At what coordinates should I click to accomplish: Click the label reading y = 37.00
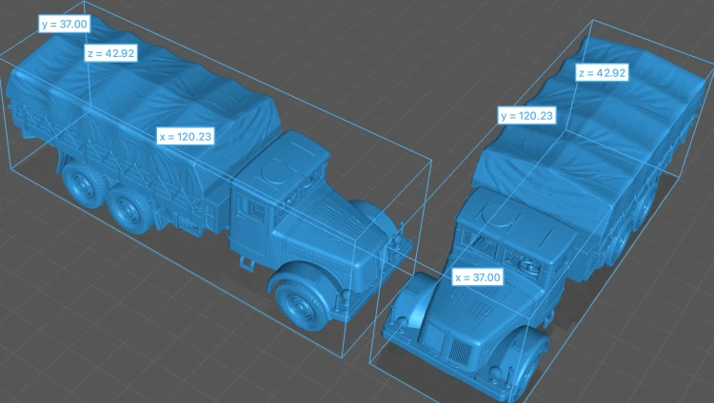click(64, 24)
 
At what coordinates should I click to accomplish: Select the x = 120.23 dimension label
click(186, 137)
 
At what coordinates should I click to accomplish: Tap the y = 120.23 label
click(526, 116)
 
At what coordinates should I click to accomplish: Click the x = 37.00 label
click(477, 277)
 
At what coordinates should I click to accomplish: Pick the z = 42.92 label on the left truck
click(111, 53)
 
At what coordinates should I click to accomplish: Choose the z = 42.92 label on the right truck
click(602, 73)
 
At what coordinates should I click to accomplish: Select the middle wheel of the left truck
click(129, 209)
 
